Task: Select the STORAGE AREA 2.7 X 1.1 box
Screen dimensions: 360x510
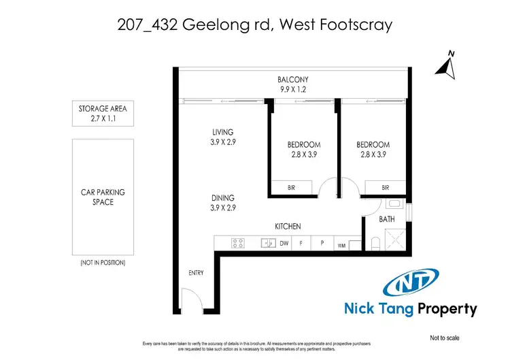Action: point(102,114)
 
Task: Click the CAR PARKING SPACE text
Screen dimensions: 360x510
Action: point(102,197)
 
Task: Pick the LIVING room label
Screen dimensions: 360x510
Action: point(222,132)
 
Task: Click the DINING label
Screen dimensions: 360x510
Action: point(222,199)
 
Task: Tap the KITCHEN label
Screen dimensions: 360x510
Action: point(288,226)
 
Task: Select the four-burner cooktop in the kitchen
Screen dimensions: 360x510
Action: point(238,243)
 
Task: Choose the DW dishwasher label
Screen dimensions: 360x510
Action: point(284,243)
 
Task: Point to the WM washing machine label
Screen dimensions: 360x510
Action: point(341,245)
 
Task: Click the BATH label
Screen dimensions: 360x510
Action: point(386,220)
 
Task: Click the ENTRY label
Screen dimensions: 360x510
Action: point(196,273)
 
